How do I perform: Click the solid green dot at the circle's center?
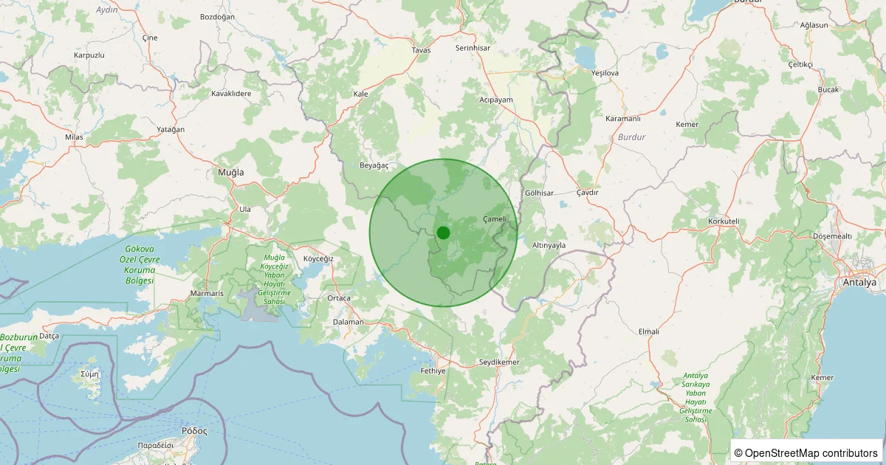pyautogui.click(x=443, y=232)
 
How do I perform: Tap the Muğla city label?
pyautogui.click(x=230, y=172)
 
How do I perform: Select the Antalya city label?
pyautogui.click(x=859, y=283)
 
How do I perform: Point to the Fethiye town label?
pyautogui.click(x=433, y=371)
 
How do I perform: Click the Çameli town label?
pyautogui.click(x=495, y=218)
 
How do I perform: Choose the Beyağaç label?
pyautogui.click(x=374, y=165)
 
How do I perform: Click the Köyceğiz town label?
pyautogui.click(x=319, y=259)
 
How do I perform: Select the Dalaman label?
pyautogui.click(x=348, y=322)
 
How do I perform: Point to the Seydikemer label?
pyautogui.click(x=500, y=362)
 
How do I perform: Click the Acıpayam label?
pyautogui.click(x=496, y=99)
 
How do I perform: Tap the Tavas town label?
pyautogui.click(x=421, y=50)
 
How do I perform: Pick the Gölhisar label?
pyautogui.click(x=538, y=193)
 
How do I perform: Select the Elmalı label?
pyautogui.click(x=648, y=331)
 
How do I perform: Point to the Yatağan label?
pyautogui.click(x=171, y=129)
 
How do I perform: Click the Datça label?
pyautogui.click(x=49, y=335)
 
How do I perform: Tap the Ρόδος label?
pyautogui.click(x=194, y=430)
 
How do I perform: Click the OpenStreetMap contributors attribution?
pyautogui.click(x=806, y=452)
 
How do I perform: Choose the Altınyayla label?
pyautogui.click(x=549, y=244)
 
